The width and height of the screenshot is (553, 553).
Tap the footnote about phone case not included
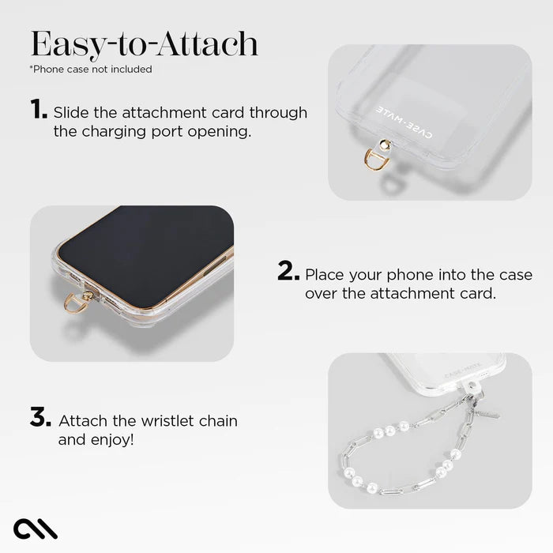91,69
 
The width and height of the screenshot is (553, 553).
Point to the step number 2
288,273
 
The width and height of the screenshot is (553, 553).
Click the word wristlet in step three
167,421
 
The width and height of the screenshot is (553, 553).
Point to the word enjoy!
115,439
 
